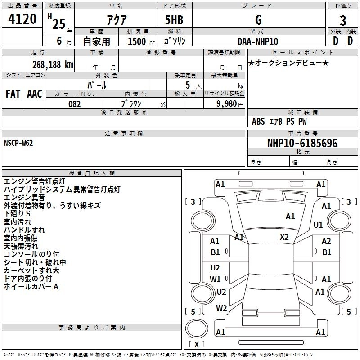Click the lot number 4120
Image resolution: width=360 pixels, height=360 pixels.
(x=22, y=19)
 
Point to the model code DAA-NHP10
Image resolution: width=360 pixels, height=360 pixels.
(x=258, y=41)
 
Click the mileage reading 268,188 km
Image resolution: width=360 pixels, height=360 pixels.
(x=53, y=64)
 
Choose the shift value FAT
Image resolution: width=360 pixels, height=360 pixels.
(x=13, y=94)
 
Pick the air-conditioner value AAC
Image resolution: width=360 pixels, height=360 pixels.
(x=35, y=94)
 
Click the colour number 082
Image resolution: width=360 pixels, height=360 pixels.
(x=74, y=104)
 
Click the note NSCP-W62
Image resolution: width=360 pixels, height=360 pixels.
(x=18, y=143)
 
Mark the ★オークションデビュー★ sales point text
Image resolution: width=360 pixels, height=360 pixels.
(x=288, y=63)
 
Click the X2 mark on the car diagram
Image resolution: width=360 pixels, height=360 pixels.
(x=284, y=237)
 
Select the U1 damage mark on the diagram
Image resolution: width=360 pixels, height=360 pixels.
(x=318, y=225)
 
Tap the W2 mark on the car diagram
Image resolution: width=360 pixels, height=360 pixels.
(x=221, y=308)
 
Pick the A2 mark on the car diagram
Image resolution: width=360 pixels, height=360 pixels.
(x=326, y=241)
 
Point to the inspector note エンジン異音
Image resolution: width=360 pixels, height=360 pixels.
(x=24, y=197)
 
